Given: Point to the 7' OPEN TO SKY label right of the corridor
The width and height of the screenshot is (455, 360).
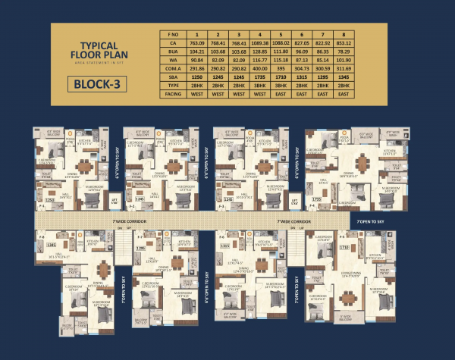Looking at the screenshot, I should (x=372, y=221).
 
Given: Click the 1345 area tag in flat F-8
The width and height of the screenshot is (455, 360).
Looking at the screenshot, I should (x=52, y=245).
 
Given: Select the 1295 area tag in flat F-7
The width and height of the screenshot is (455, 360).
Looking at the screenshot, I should (x=140, y=248).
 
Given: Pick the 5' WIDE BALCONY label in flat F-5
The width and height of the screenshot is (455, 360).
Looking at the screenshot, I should (x=346, y=316).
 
